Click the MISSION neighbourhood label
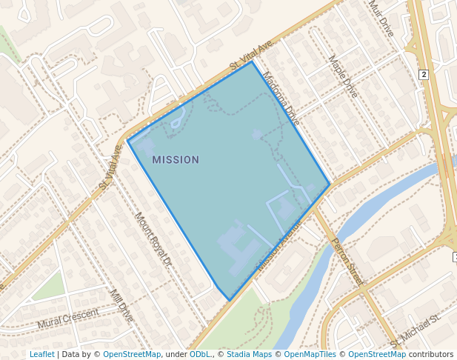(176, 159)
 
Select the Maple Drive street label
(342, 77)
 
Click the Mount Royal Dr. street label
(153, 239)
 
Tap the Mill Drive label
(121, 306)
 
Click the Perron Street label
(347, 261)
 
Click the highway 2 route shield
(424, 75)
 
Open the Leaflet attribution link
(41, 355)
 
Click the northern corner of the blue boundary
(253, 61)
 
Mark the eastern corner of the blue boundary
(330, 184)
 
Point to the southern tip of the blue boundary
(229, 300)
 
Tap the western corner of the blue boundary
(128, 141)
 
